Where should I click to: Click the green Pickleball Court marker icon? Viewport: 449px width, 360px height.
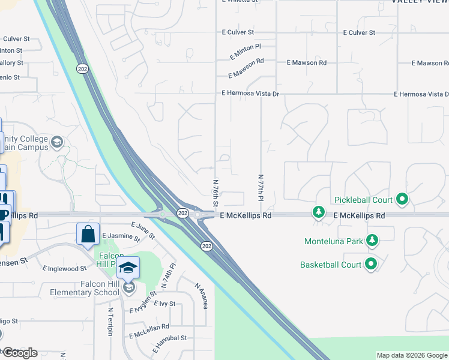402,200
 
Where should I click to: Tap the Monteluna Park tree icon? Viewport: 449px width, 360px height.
373,241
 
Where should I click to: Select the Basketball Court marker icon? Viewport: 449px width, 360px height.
371,264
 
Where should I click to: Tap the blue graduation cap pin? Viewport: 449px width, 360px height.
128,267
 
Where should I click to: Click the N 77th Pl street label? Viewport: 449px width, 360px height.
261,188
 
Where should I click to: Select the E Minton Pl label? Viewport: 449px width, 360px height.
245,51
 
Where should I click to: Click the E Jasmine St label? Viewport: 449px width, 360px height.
121,238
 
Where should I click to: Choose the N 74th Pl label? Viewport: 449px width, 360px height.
167,275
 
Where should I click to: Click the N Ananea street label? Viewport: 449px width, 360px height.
201,295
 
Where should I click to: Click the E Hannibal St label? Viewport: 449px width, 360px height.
171,341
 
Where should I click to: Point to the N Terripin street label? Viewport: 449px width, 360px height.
110,322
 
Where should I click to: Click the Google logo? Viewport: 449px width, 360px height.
20,353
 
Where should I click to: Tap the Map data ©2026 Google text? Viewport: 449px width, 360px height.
411,355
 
